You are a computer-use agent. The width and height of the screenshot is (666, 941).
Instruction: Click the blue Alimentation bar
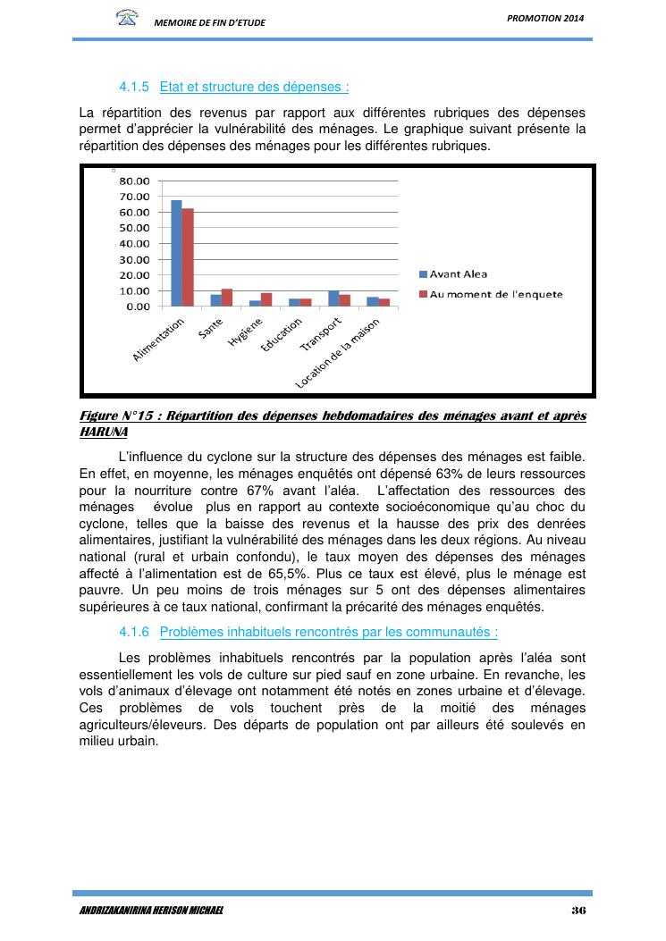coord(176,253)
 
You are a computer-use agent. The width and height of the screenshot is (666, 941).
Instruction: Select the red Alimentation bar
coord(188,257)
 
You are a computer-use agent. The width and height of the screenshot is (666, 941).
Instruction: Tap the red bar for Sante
coord(227,298)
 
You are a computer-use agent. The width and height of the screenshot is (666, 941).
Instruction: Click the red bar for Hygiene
coord(266,299)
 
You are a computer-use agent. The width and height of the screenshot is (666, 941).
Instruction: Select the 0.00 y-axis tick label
coord(138,307)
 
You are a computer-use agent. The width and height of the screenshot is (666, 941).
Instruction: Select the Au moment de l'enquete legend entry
coord(496,294)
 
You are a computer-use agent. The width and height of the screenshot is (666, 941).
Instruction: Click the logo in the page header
coord(128,18)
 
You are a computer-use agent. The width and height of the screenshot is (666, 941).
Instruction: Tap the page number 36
coord(577,911)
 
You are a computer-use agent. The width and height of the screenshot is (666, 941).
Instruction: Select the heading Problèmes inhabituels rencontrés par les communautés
coord(328,632)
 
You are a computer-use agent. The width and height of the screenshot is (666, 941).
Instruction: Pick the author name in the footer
coord(151,911)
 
